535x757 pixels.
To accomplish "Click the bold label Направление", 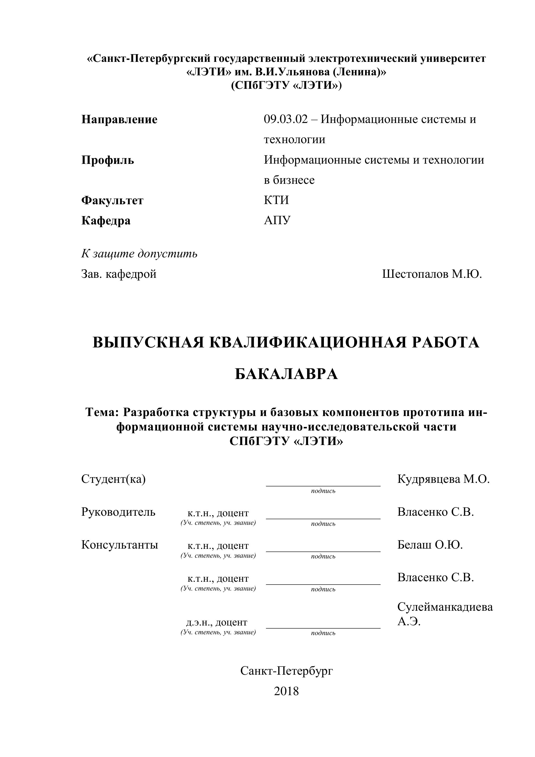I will [119, 119].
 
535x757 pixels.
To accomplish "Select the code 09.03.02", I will [285, 119].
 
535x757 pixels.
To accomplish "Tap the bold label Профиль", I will [107, 160].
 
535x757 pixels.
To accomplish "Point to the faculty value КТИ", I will [276, 200].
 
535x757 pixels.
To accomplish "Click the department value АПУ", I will [277, 220].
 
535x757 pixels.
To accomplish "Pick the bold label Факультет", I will [112, 200].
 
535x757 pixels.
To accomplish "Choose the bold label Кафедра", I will [106, 221].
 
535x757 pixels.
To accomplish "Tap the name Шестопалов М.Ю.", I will [432, 274].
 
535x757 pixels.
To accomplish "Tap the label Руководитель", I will [118, 512].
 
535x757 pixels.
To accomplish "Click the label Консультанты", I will [120, 545].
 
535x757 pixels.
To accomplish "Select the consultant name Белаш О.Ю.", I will [430, 545].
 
